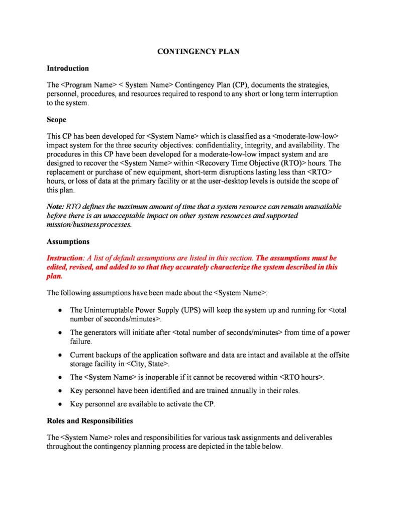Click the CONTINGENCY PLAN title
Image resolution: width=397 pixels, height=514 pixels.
pos(198,51)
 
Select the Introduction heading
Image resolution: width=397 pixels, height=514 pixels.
pos(68,68)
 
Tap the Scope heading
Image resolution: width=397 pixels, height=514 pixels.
pos(56,120)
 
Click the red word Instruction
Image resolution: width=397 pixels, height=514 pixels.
pos(64,258)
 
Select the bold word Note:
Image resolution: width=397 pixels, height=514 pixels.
pos(55,207)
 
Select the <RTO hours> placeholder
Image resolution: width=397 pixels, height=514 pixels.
pos(301,377)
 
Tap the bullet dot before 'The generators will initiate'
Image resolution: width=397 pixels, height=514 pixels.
pos(60,333)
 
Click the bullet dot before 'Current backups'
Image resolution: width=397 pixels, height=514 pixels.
pos(60,356)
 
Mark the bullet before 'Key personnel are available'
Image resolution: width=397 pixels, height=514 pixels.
pos(60,404)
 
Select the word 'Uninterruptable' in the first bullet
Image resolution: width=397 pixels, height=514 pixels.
pos(107,310)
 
